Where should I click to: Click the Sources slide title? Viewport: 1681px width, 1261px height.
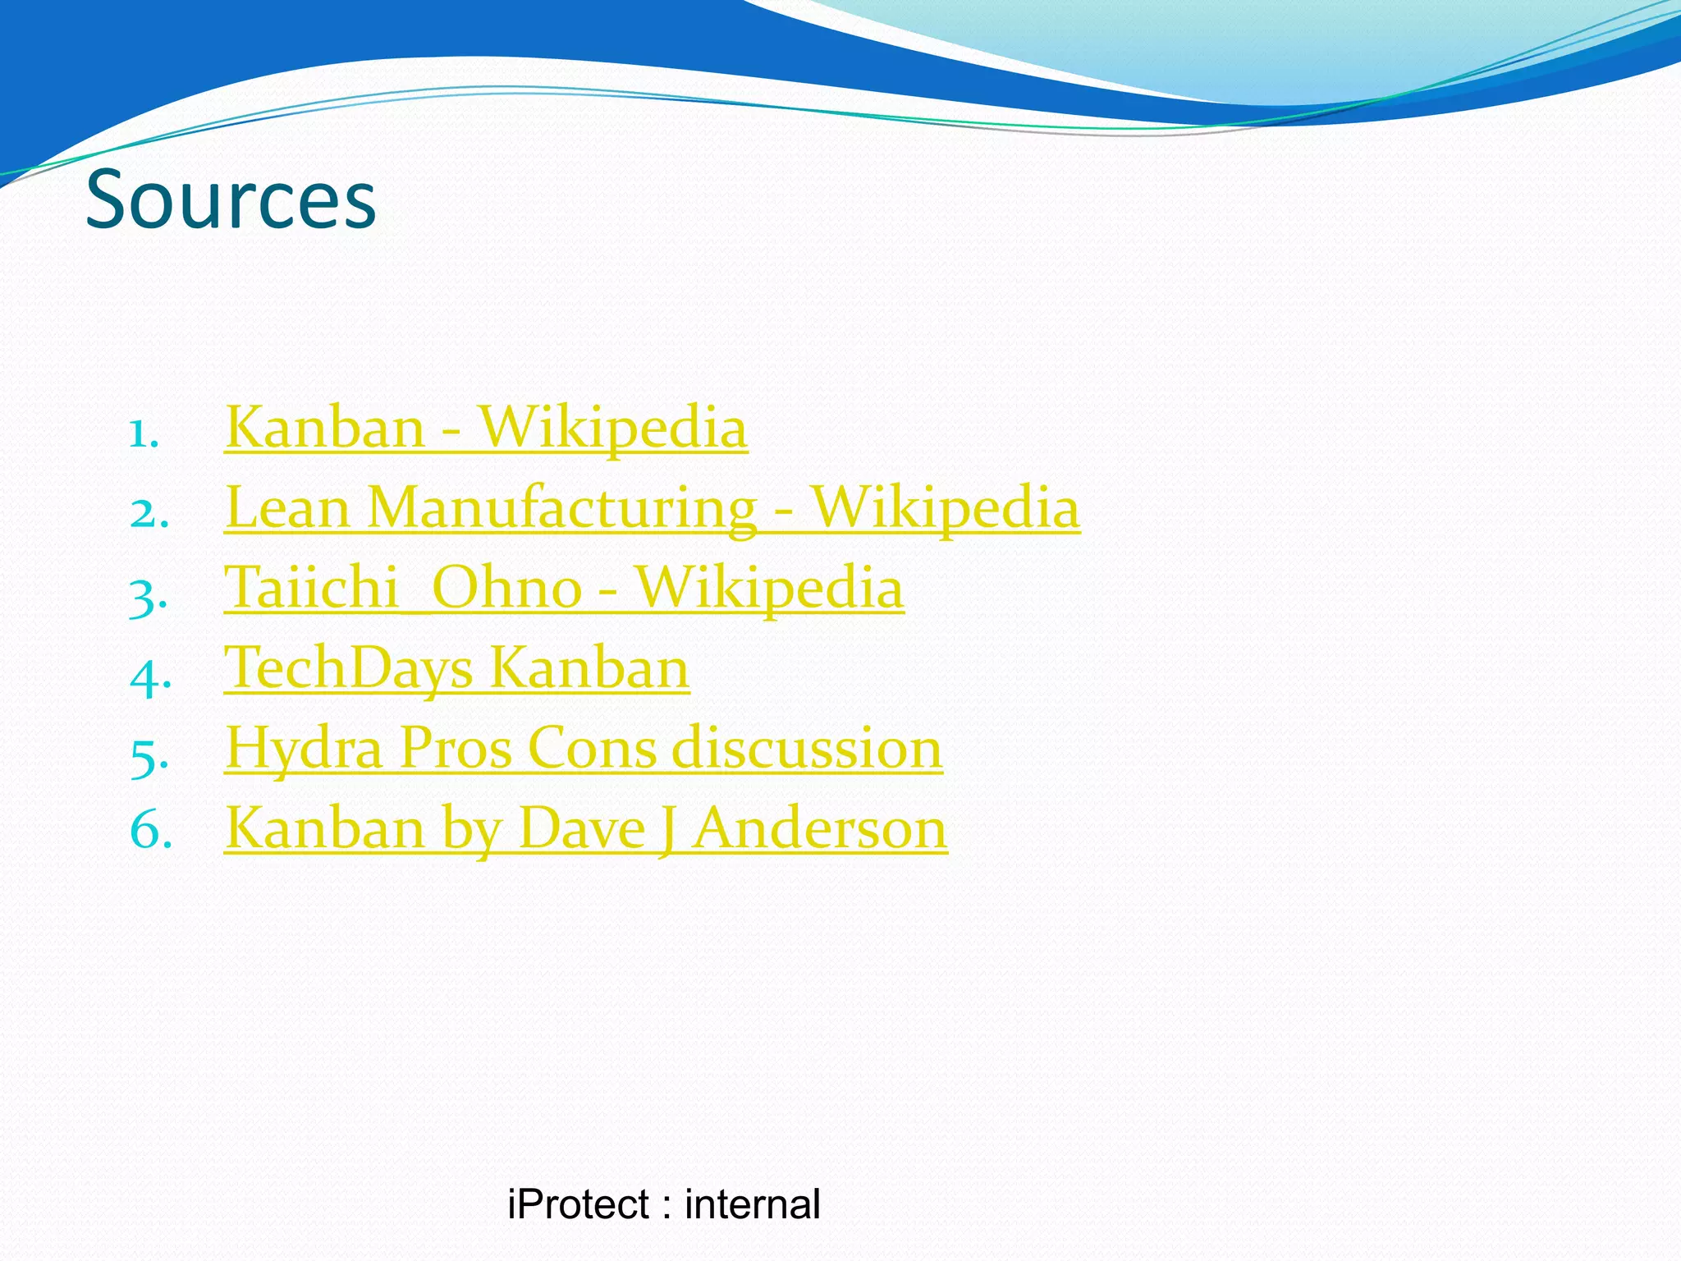point(231,199)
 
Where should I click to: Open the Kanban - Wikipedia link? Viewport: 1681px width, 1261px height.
point(486,428)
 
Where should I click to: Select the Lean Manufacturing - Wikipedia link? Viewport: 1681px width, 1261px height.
point(652,507)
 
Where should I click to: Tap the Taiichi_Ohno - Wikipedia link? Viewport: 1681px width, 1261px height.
point(564,588)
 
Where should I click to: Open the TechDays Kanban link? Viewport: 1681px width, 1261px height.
point(456,667)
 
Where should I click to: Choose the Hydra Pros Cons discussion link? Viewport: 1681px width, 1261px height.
point(584,748)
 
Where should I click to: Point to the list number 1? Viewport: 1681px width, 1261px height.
point(144,433)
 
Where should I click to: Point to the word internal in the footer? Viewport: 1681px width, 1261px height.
point(752,1205)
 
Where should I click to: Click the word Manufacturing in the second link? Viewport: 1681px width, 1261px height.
point(561,507)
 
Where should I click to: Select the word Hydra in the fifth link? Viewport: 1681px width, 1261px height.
point(305,748)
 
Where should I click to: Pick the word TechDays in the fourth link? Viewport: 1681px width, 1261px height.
point(349,667)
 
